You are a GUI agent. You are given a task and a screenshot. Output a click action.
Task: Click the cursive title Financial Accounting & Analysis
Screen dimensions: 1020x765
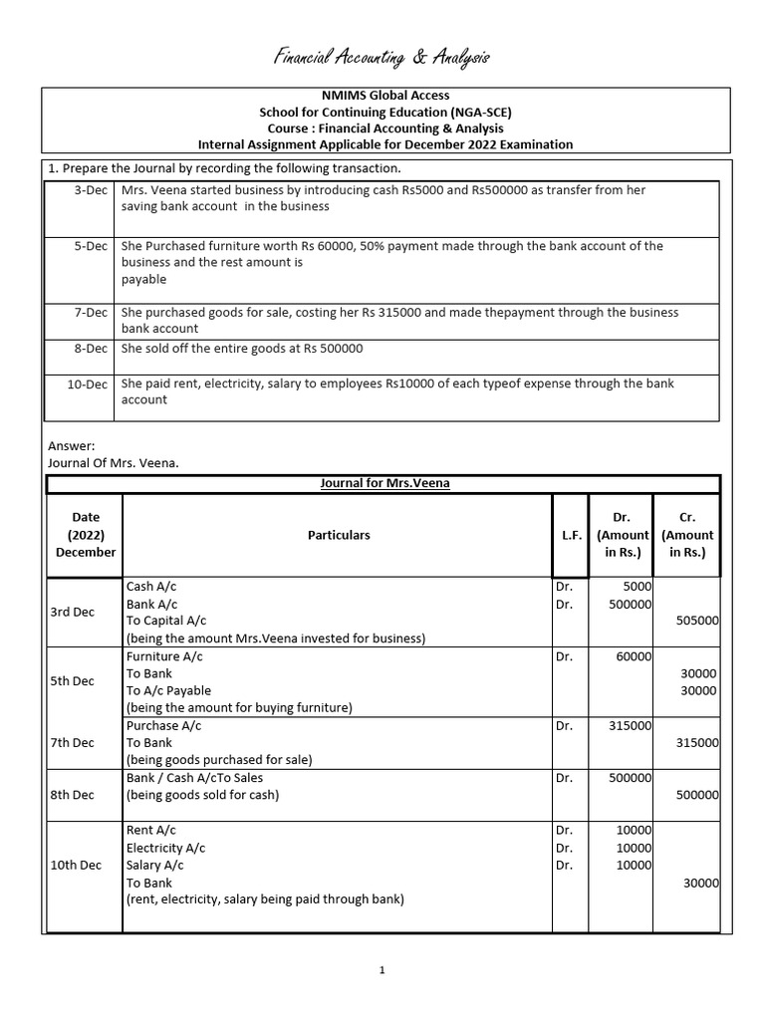coord(382,59)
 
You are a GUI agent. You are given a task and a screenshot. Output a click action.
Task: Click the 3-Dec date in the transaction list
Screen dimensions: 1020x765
coord(92,190)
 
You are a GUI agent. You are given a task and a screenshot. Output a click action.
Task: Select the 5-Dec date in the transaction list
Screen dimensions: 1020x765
coord(92,246)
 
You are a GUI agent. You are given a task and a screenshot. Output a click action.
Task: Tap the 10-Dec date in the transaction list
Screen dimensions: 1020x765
coord(89,383)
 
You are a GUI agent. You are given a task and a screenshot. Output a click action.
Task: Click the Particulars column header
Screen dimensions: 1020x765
coord(338,535)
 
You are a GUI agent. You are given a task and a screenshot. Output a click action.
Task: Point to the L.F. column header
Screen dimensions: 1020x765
coord(571,535)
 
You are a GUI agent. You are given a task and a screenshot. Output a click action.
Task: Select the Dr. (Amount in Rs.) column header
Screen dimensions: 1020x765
coord(622,535)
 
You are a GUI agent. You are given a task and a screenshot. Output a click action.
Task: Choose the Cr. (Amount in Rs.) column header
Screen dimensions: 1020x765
coord(686,535)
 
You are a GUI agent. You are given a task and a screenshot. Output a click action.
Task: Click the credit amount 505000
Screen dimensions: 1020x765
coord(697,621)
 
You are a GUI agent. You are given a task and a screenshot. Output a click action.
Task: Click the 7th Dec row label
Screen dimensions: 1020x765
coord(72,742)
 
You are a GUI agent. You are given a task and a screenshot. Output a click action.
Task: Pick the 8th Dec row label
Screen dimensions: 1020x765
coord(72,795)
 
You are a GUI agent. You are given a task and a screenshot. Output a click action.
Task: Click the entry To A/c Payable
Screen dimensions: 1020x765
coord(168,690)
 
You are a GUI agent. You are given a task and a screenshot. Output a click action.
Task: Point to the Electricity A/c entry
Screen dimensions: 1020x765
coord(165,848)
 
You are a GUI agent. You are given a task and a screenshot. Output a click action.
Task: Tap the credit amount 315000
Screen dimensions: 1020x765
coord(697,742)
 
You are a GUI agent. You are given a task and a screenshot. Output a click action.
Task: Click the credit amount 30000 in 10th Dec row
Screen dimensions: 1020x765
coord(700,883)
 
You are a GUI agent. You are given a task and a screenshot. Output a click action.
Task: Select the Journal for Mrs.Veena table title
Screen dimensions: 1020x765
coord(384,483)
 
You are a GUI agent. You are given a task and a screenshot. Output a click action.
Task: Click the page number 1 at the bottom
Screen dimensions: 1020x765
coord(382,971)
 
